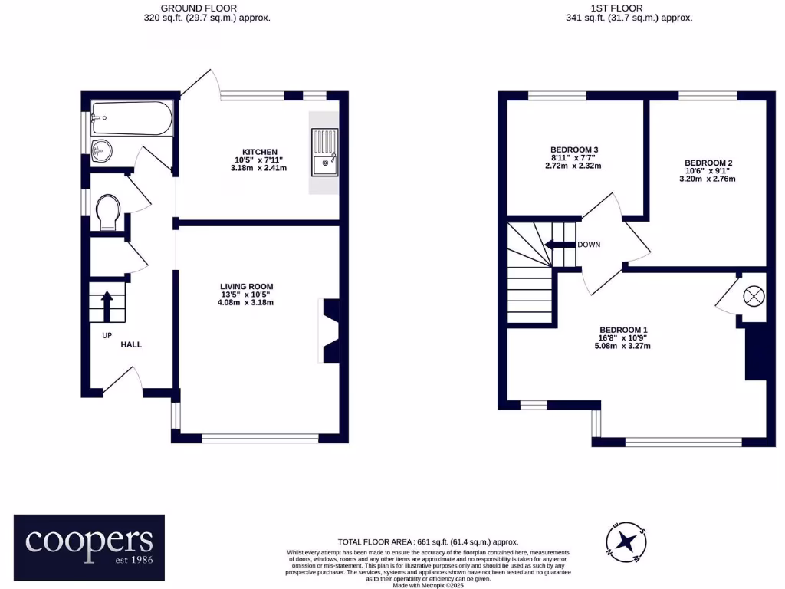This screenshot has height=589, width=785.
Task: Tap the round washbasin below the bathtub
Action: pos(100,151)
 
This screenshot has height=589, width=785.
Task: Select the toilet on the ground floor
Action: pos(109,210)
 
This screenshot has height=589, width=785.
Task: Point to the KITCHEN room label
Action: pos(258,152)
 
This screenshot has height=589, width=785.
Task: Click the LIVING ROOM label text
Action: pos(245,285)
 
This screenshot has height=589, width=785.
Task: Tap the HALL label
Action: pos(131,344)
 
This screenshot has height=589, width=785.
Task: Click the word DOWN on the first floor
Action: pos(589,245)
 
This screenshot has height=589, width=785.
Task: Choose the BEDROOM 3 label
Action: pos(574,150)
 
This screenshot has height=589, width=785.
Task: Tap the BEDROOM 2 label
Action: pos(708,163)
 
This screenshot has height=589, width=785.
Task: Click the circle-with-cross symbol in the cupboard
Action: pos(753,295)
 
